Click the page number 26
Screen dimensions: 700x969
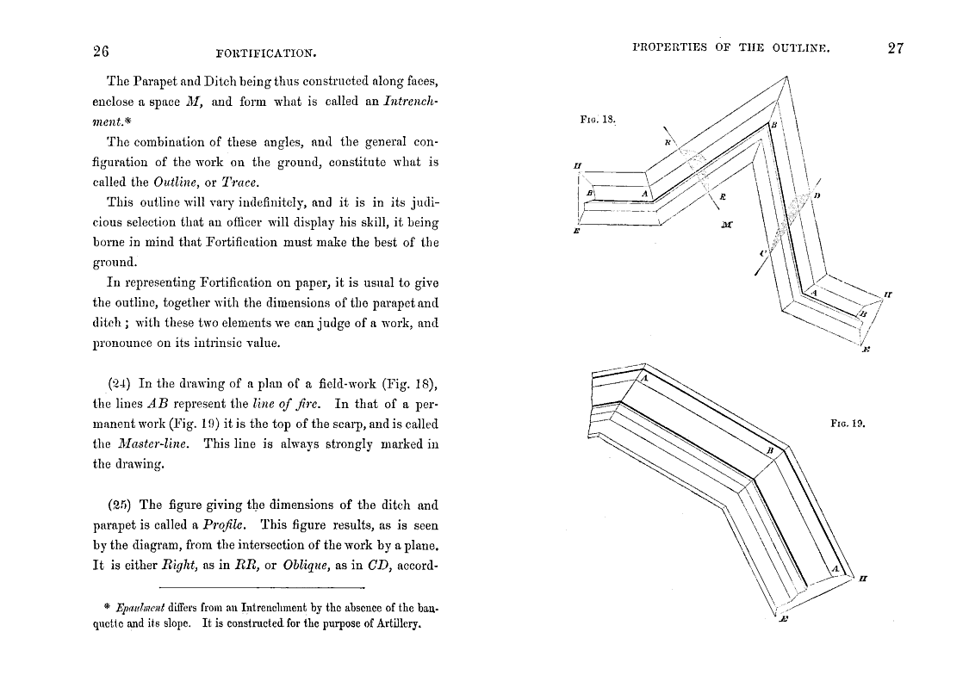coord(100,51)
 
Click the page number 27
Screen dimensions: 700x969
coord(895,48)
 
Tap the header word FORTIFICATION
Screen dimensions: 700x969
coord(267,54)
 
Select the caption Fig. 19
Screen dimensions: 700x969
coord(847,424)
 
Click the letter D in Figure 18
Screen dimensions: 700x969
coord(816,196)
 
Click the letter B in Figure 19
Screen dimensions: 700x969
coord(771,450)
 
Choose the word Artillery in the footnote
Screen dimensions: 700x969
coord(394,624)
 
